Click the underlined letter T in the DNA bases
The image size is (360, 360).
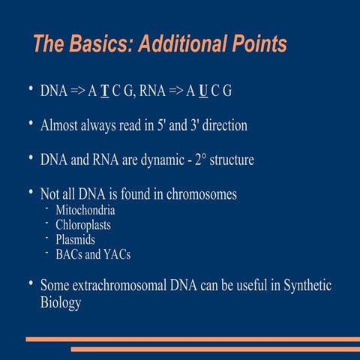click(105, 91)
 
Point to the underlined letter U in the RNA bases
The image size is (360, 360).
click(202, 91)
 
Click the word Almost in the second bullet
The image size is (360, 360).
click(61, 125)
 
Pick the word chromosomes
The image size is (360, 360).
click(199, 194)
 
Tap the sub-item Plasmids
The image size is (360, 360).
click(76, 239)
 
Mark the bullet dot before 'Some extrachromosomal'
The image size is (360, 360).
click(29, 284)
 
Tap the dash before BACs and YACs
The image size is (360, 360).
click(46, 253)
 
